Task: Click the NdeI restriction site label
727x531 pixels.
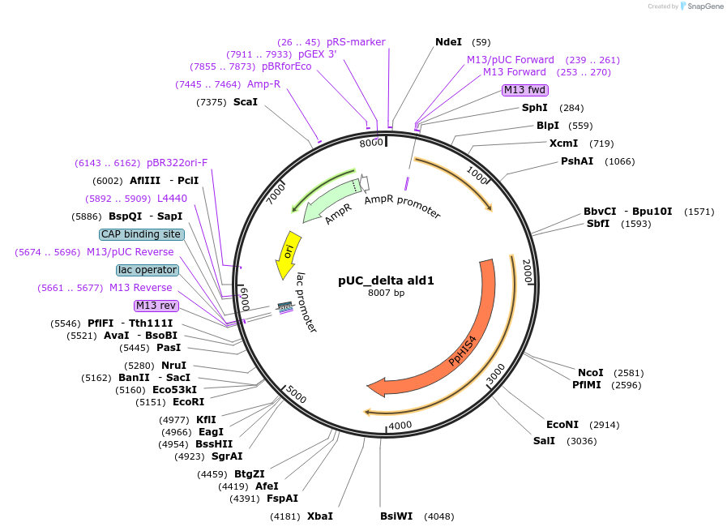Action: click(448, 42)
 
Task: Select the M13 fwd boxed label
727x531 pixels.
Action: click(525, 90)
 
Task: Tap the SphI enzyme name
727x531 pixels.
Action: click(534, 108)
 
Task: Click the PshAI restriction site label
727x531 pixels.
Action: click(578, 161)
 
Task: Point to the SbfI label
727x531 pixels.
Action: click(598, 224)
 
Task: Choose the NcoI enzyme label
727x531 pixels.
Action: click(591, 373)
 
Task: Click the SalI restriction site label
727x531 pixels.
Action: click(544, 441)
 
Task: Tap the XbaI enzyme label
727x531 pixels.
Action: click(319, 516)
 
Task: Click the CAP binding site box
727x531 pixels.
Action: click(141, 234)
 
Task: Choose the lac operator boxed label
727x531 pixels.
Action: click(147, 270)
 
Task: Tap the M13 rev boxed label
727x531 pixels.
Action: click(156, 306)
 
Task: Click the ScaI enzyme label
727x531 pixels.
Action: click(245, 102)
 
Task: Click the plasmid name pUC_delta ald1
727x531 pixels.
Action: click(386, 280)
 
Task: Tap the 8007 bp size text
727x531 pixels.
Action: click(386, 293)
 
